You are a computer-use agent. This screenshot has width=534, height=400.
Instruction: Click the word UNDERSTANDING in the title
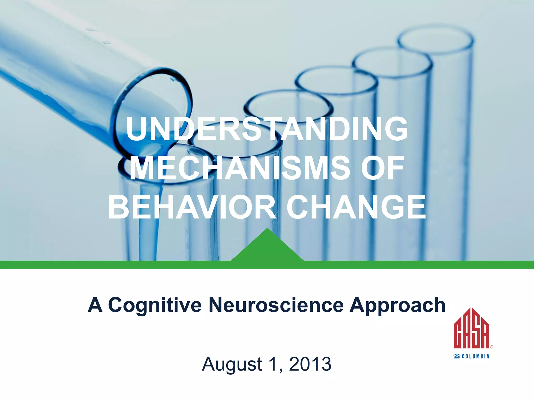[x=267, y=129]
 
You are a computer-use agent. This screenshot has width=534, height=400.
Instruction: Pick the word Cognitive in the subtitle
[x=155, y=305]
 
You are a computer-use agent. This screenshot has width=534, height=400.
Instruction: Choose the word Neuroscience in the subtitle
[x=276, y=305]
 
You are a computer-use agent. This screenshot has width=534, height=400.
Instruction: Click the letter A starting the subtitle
[x=95, y=305]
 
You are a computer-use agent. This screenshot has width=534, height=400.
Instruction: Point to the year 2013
[x=310, y=364]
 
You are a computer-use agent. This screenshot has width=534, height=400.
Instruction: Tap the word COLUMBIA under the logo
[x=476, y=356]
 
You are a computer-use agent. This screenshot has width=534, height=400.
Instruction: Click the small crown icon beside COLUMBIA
[x=457, y=356]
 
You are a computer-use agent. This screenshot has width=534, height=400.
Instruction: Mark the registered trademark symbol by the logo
[x=491, y=347]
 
